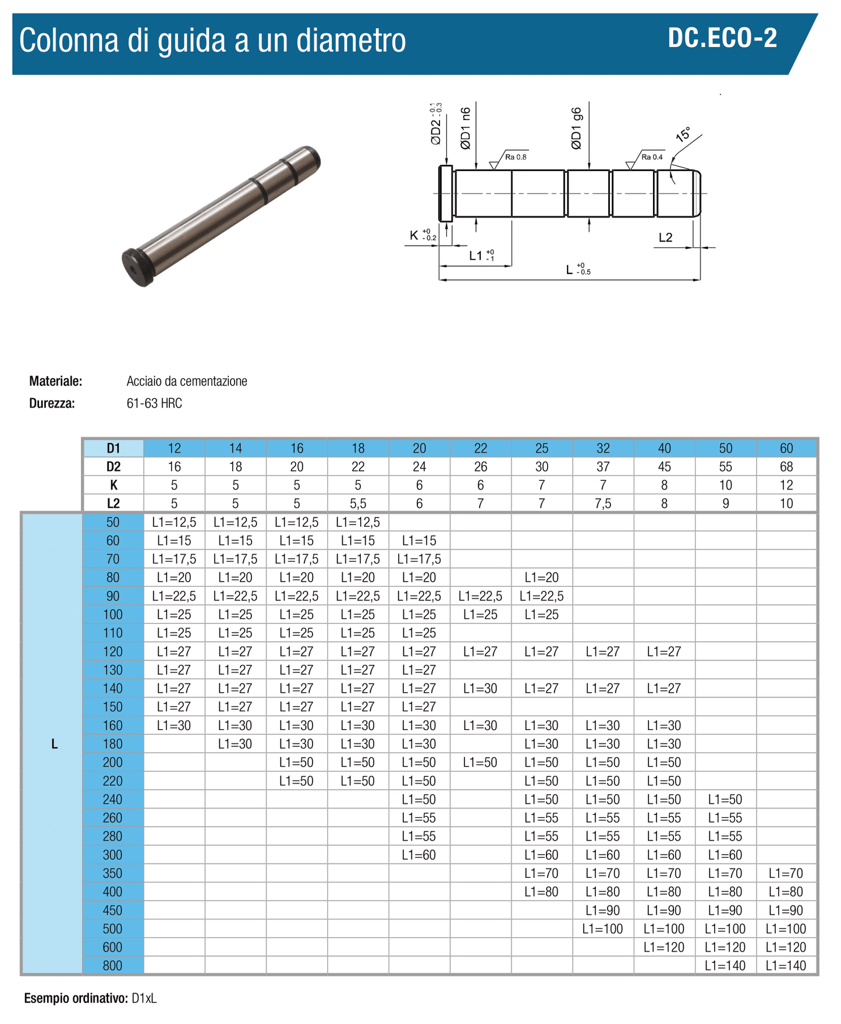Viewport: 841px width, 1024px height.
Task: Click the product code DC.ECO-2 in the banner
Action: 722,38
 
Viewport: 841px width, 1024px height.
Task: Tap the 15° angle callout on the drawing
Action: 683,135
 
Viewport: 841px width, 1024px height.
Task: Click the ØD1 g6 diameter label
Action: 576,129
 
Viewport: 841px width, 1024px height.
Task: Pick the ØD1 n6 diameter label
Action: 466,129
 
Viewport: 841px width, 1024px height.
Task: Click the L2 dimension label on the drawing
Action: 665,238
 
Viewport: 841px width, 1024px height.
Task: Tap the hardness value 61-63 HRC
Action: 154,403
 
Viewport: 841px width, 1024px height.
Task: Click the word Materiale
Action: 56,381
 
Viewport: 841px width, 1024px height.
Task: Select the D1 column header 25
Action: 541,448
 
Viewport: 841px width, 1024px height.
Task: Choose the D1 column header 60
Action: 786,448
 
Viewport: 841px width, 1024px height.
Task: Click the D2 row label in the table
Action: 113,467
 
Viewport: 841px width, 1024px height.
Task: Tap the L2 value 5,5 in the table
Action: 358,504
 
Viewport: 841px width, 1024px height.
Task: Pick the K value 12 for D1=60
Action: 786,485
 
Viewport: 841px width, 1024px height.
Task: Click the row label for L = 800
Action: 113,966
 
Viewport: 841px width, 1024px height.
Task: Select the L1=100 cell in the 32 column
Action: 602,929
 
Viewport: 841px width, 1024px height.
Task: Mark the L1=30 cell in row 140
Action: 480,689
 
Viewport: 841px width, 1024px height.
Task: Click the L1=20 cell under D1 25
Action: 541,577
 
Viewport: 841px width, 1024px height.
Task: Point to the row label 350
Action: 113,873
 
